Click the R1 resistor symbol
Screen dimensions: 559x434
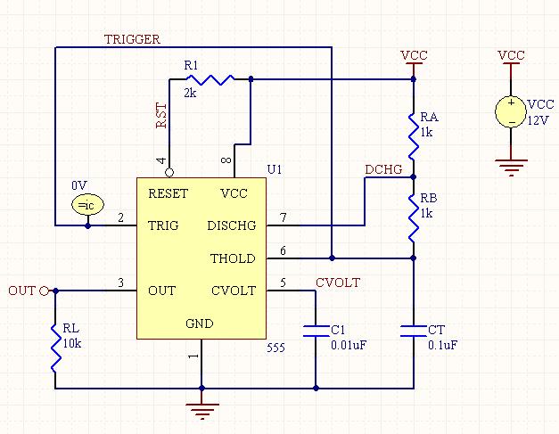tap(210, 79)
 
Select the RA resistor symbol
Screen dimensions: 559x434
tap(414, 136)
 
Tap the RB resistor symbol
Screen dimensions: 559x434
tap(414, 218)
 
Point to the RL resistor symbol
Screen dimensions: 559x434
tap(55, 348)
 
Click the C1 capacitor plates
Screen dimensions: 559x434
tap(316, 331)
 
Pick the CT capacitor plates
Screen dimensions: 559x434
tap(414, 331)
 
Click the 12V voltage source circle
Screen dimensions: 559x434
tap(511, 112)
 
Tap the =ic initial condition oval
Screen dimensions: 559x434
tap(87, 205)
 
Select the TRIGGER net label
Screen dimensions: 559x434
tap(132, 39)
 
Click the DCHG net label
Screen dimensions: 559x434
tap(383, 169)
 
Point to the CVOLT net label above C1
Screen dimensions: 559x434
tap(338, 283)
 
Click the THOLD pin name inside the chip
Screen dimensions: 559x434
tap(233, 258)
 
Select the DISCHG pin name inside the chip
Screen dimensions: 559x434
tap(232, 225)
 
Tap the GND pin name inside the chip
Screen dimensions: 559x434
tap(200, 323)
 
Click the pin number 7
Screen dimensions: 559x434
tap(283, 217)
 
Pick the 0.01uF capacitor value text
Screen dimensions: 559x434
tap(349, 345)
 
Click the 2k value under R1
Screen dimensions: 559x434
tap(191, 93)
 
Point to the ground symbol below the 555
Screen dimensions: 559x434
tap(202, 411)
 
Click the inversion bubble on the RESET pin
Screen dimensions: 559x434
tap(169, 173)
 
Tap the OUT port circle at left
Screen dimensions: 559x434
tap(44, 291)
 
